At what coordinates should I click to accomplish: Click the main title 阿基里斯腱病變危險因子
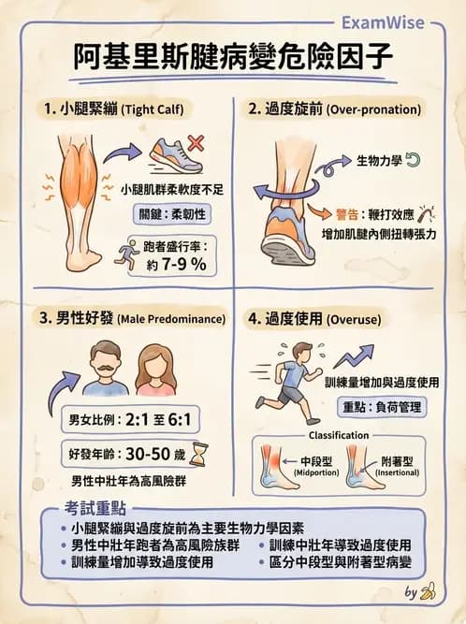[232, 59]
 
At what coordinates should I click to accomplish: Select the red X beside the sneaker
[197, 143]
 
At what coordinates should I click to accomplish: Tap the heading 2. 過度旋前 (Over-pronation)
[334, 109]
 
